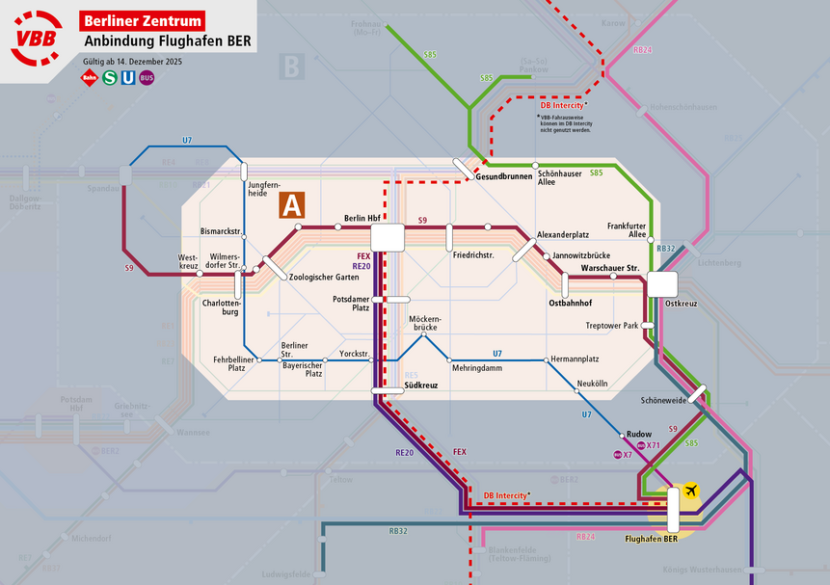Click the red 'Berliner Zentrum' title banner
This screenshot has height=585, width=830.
coord(144,19)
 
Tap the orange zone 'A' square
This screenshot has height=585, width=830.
coord(292,205)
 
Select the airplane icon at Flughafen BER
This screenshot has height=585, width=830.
coord(690,492)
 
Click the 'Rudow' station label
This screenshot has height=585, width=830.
coord(639,435)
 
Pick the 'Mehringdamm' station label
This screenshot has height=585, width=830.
coord(476,368)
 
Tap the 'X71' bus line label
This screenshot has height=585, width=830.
coord(653,445)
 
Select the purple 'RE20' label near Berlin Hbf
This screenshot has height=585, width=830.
coord(361,266)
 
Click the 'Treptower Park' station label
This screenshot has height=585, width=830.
coord(611,326)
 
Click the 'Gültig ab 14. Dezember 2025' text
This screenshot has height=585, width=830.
coord(132,62)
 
